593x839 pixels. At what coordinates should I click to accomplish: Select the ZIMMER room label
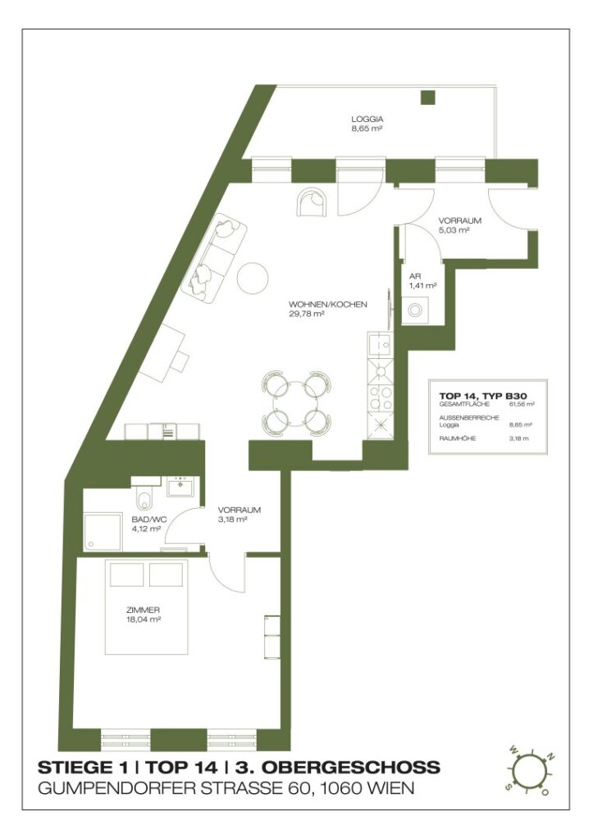coord(143,610)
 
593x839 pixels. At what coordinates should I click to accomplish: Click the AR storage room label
coord(415,276)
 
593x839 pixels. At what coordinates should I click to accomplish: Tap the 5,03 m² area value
coord(453,231)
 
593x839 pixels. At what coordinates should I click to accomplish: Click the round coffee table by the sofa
coord(253,278)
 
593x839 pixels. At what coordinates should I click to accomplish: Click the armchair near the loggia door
coord(311,201)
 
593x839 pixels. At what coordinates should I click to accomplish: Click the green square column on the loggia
coord(427,98)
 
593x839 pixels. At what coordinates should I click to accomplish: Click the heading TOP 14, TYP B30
coord(488,395)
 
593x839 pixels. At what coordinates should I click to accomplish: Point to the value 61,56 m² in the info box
coord(522,404)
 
